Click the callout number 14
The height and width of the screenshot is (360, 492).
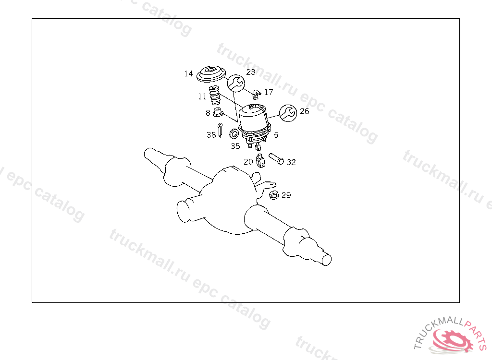click(188, 74)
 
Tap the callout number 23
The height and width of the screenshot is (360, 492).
click(251, 72)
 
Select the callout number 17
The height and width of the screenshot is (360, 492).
click(269, 92)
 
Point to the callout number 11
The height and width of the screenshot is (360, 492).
click(202, 96)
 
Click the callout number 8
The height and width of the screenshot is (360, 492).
click(208, 113)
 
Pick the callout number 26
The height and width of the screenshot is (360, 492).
click(304, 111)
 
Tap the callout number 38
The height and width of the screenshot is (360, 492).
click(211, 135)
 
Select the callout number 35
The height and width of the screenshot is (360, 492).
click(235, 146)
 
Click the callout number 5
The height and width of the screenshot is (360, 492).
click(276, 135)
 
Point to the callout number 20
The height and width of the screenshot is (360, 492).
click(248, 162)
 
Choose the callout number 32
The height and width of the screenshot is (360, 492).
click(291, 162)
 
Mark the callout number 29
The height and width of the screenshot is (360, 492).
click(286, 195)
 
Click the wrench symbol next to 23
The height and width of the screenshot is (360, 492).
click(236, 84)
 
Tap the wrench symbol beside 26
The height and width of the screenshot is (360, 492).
click(288, 113)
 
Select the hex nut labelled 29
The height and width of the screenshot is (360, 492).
click(274, 195)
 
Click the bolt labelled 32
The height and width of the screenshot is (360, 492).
click(276, 159)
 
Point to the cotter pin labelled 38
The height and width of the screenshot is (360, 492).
click(220, 130)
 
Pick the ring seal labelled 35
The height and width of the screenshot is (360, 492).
click(234, 133)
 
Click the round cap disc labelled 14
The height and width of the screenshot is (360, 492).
click(211, 74)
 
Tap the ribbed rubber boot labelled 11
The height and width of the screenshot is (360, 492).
click(215, 95)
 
